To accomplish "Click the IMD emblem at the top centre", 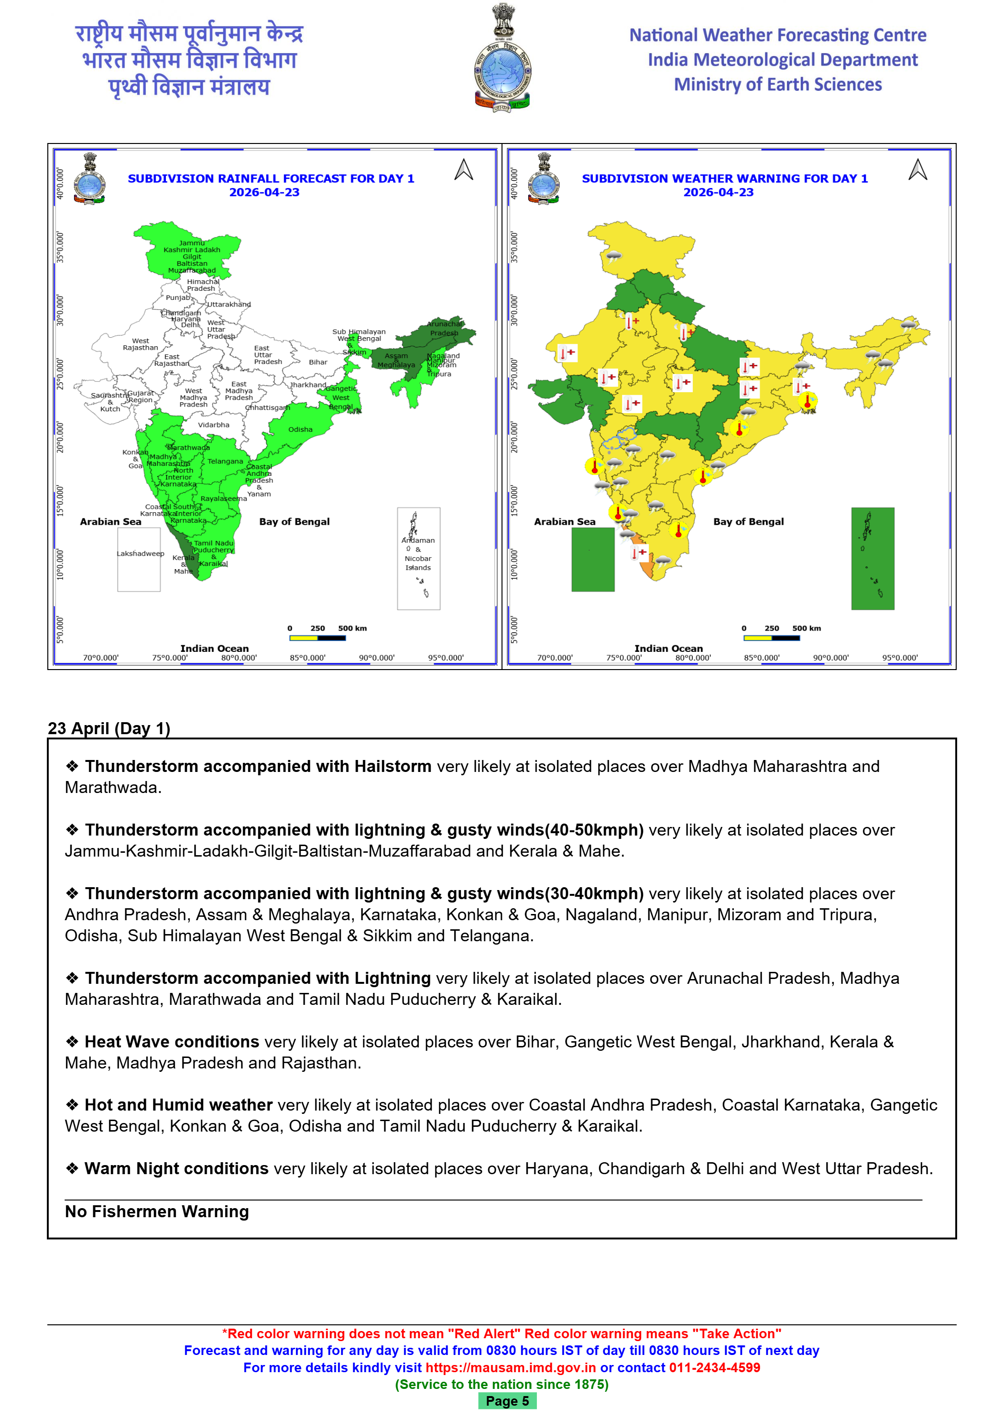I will coord(502,59).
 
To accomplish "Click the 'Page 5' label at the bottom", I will coord(507,1401).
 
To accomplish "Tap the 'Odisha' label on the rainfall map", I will coord(300,429).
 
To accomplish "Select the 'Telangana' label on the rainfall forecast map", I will coord(225,462).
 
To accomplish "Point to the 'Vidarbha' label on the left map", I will coord(213,425).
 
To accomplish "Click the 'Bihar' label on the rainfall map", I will coord(318,363).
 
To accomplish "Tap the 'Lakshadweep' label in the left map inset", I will coord(141,553).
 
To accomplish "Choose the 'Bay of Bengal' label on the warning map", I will coord(748,521).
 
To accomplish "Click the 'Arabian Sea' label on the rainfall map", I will coord(110,521).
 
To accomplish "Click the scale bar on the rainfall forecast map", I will coord(317,638).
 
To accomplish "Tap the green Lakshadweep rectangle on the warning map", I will coord(592,559).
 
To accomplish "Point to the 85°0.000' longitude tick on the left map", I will coord(307,658).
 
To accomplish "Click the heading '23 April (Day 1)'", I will coord(109,728).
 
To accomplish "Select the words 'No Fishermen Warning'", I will coord(156,1211).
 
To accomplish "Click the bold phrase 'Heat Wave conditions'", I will coord(172,1042).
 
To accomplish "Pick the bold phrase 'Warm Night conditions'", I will coord(176,1168).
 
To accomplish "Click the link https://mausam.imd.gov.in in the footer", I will coord(511,1367).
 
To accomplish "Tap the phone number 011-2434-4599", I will coord(714,1367).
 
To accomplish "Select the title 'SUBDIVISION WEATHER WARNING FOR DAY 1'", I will coord(725,178).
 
